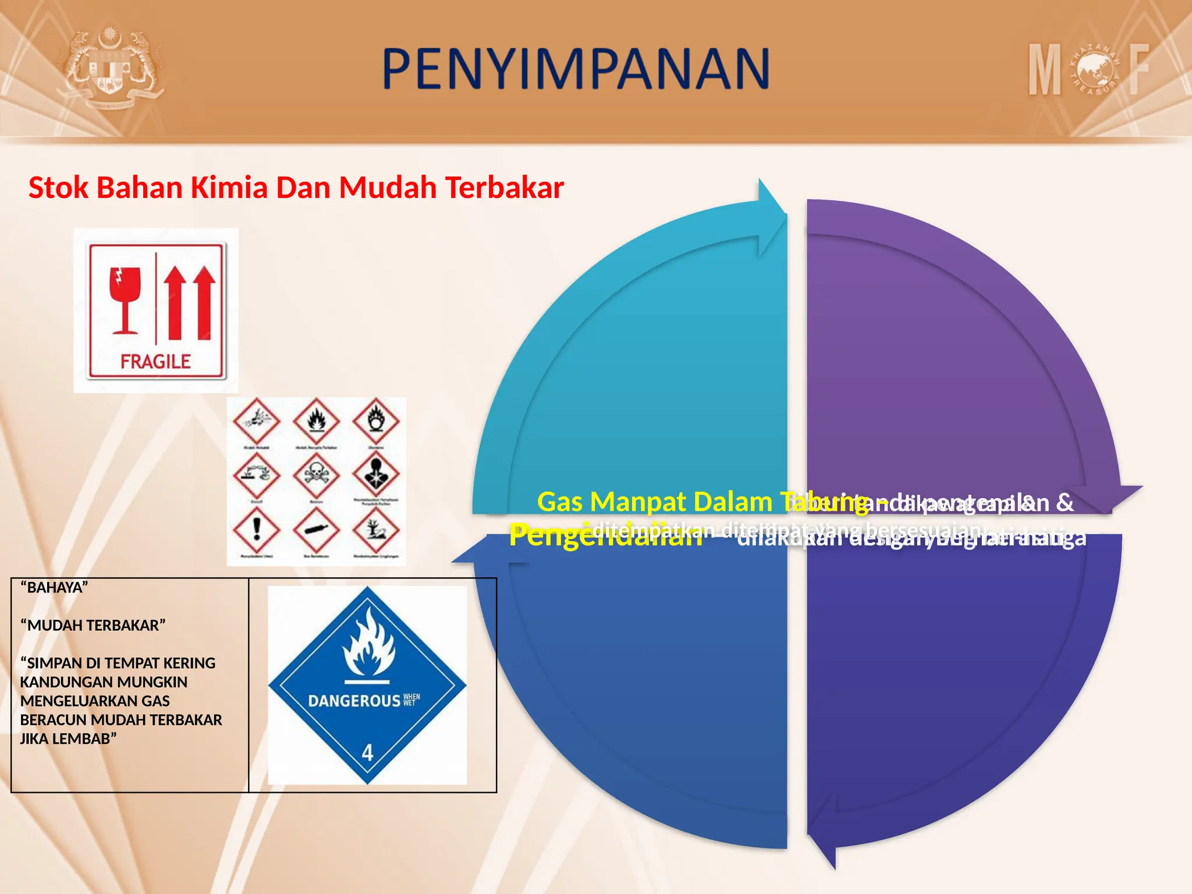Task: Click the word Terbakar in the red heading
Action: click(x=504, y=188)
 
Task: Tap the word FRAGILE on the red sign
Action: click(x=155, y=361)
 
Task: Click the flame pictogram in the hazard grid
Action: click(x=316, y=420)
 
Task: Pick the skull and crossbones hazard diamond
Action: click(x=316, y=474)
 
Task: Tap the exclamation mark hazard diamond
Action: click(x=256, y=530)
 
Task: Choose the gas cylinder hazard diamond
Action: click(x=316, y=530)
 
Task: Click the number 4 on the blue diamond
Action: click(x=367, y=753)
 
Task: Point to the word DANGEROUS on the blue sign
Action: click(x=354, y=701)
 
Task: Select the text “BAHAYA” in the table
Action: click(x=54, y=587)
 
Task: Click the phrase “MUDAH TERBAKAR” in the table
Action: click(x=93, y=626)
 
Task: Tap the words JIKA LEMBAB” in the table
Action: click(x=69, y=739)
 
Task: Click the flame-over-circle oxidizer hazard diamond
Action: click(x=376, y=420)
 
